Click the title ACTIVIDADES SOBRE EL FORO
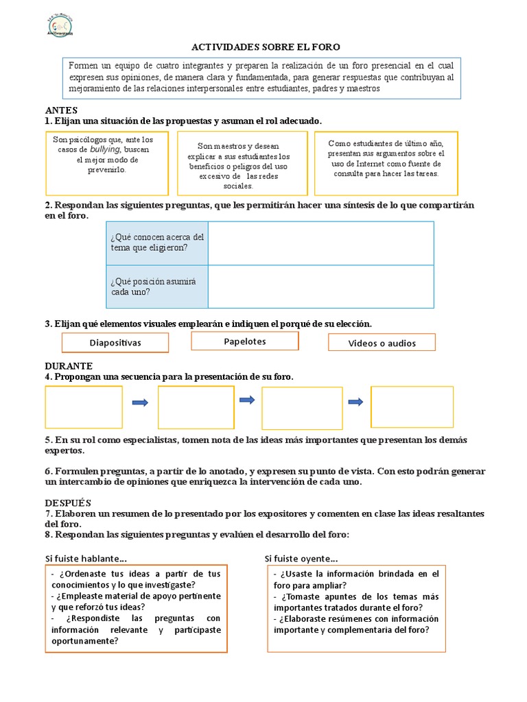point(265,47)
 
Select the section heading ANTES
point(61,110)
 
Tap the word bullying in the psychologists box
point(105,149)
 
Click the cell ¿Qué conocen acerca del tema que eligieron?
point(157,242)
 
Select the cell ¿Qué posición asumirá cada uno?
point(157,286)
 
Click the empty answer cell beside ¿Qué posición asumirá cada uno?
point(320,286)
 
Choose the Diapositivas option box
point(115,342)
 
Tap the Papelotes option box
point(245,341)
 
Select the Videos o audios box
point(382,343)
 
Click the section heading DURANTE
point(69,366)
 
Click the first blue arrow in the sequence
point(140,402)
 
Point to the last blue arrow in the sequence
point(356,402)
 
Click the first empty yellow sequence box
point(84,407)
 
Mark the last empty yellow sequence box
point(412,407)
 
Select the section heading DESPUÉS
point(69,503)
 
